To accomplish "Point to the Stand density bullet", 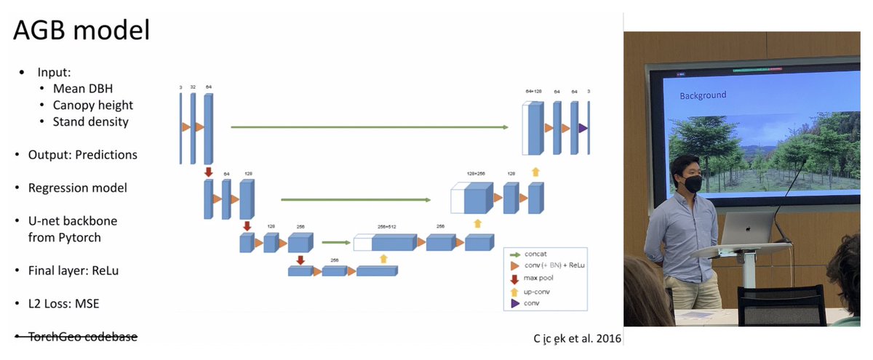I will pos(90,121).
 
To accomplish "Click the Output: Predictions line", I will pos(82,155).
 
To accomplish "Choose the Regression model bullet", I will pos(77,188).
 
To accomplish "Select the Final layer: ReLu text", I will pos(73,271).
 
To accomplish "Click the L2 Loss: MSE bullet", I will pos(63,303).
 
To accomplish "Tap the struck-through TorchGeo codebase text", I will pos(82,337).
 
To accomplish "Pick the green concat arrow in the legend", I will pos(515,255).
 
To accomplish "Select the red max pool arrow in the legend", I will pos(515,277).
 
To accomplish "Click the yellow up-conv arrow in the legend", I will pos(515,291).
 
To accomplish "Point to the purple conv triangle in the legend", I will pos(515,303).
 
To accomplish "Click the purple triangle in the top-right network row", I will pos(583,128).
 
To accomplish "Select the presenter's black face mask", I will pos(691,185).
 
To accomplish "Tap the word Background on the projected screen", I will pos(703,95).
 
